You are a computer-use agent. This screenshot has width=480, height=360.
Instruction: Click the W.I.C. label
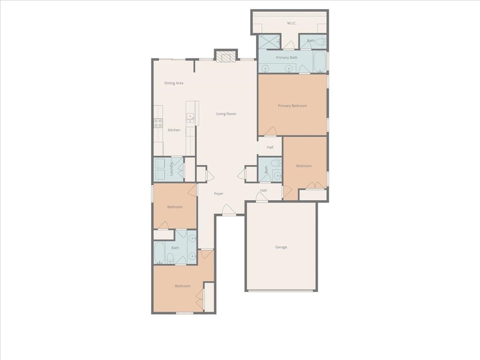coord(291,24)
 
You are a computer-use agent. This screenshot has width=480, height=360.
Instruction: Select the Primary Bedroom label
coord(292,106)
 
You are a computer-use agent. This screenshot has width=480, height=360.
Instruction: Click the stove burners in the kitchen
coord(158,123)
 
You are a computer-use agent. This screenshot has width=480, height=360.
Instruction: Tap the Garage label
coord(281,247)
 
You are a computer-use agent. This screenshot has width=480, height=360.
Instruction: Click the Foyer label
coord(218,193)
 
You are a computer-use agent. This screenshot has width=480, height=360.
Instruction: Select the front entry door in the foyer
coord(229,210)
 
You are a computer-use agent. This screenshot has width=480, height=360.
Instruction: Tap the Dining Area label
coord(174,83)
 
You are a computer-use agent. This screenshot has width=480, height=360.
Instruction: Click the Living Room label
coord(225,114)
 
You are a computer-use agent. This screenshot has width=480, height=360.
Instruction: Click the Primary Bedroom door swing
coord(270,131)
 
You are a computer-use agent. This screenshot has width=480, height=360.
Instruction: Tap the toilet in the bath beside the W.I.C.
coord(323,41)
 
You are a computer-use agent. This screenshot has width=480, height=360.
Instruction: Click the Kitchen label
coord(174,130)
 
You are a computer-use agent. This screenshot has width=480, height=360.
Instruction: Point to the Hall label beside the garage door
coord(263,190)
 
